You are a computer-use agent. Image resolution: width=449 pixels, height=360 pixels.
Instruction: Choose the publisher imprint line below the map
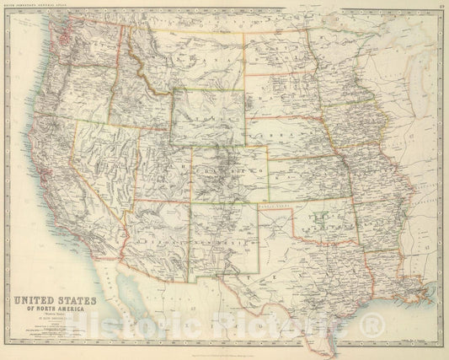point(224,347)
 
